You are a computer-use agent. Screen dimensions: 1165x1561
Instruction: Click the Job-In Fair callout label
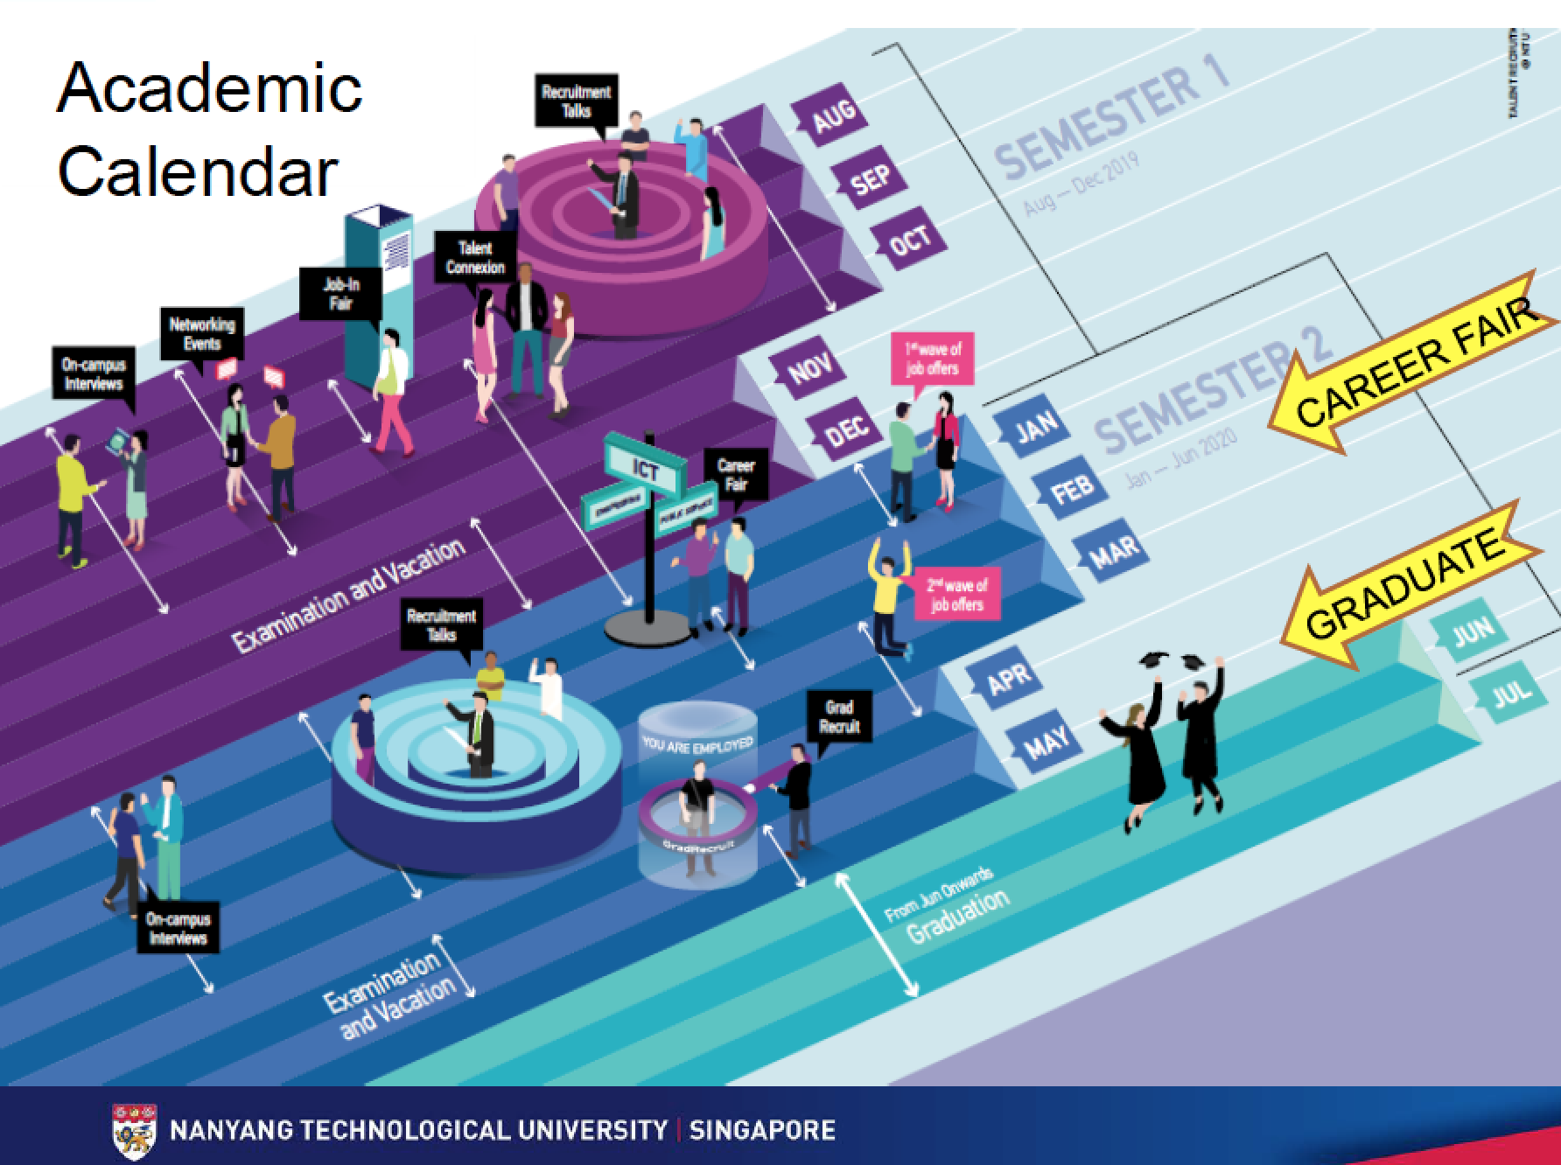[341, 294]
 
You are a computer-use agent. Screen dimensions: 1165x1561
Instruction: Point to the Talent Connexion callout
[475, 258]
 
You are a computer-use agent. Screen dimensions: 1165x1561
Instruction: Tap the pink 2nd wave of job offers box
[956, 596]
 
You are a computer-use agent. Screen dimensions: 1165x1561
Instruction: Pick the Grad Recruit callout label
[839, 716]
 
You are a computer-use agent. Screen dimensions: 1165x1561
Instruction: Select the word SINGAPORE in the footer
[762, 1130]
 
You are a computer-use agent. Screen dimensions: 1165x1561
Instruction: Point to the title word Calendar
[198, 171]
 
